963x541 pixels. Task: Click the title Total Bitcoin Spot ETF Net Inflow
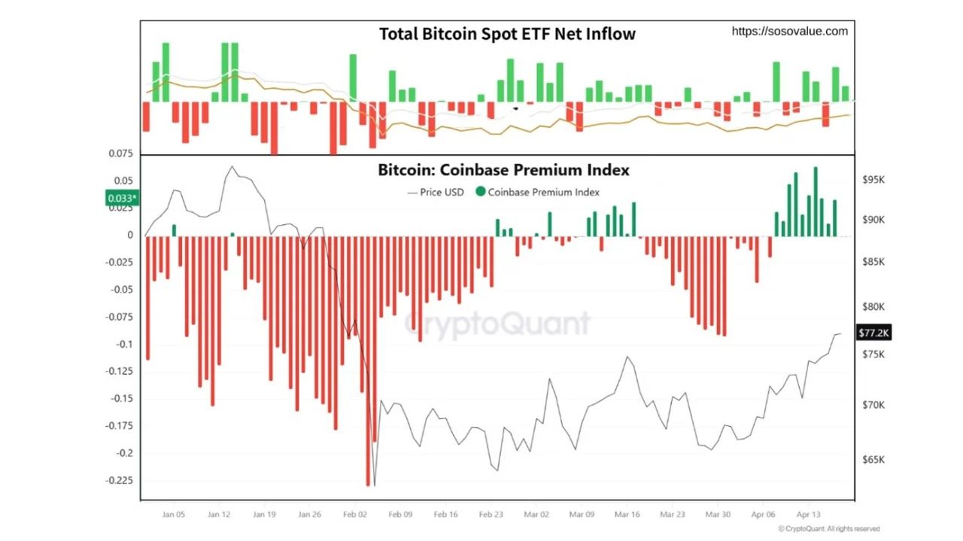point(506,34)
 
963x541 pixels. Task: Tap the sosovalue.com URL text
point(789,31)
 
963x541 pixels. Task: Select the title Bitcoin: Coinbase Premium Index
point(503,170)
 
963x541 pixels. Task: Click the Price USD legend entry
point(436,192)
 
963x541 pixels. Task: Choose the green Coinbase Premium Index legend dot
point(481,192)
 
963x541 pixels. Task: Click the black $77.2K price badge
point(873,333)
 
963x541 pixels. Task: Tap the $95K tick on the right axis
point(873,181)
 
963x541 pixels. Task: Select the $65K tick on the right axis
point(873,460)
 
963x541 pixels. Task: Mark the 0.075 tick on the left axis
point(121,154)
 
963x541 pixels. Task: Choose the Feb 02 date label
point(355,515)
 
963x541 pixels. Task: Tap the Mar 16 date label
point(627,515)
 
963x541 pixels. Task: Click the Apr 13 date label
point(808,515)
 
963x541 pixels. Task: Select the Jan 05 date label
point(173,515)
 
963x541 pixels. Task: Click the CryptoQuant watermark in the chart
point(497,324)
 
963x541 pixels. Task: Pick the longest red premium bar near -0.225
point(368,361)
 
